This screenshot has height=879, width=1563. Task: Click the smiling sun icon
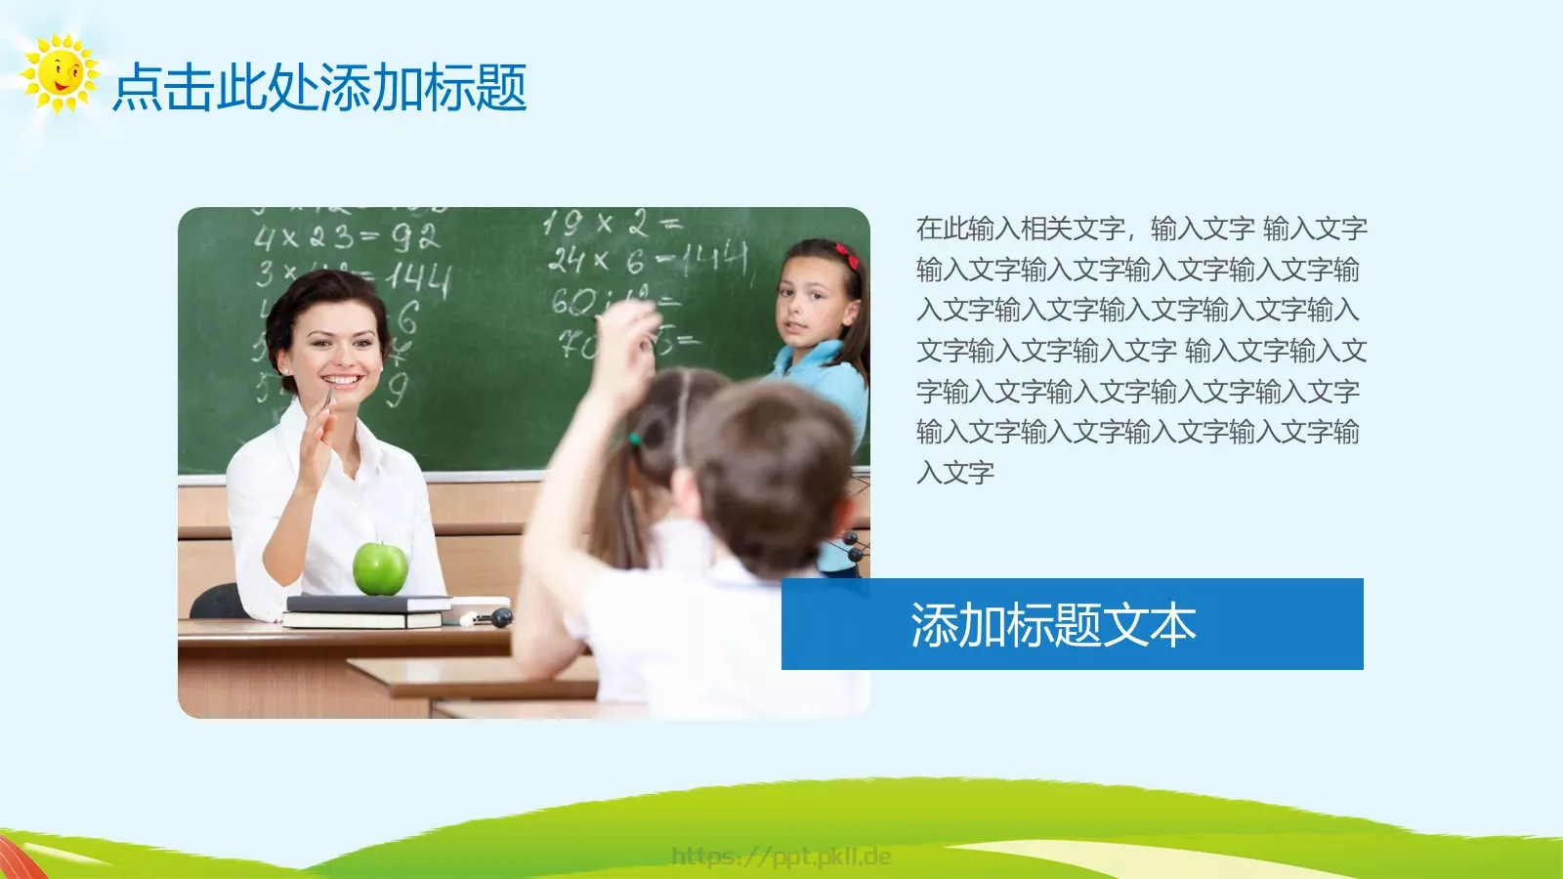click(60, 73)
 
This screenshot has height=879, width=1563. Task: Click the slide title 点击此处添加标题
click(319, 88)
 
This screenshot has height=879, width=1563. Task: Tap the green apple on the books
click(380, 568)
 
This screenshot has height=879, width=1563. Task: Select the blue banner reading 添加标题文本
click(1072, 624)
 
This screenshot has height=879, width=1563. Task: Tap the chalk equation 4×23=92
click(346, 237)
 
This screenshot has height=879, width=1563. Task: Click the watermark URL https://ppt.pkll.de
click(781, 857)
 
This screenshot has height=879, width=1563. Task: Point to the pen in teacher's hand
click(326, 400)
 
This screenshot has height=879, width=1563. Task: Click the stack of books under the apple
click(366, 611)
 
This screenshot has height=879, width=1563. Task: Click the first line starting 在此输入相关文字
click(1141, 229)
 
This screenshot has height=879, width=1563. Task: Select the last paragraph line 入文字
click(955, 473)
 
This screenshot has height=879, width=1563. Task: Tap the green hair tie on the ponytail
click(634, 439)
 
